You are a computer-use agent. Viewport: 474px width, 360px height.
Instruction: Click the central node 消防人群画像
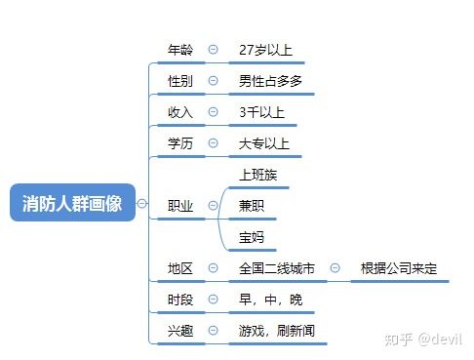[71, 203]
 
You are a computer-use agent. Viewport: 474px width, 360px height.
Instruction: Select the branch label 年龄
[180, 50]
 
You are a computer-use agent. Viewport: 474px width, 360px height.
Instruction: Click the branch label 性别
[180, 81]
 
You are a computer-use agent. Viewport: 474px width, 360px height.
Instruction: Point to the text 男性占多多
[270, 81]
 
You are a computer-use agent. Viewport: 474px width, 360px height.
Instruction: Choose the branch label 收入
[180, 112]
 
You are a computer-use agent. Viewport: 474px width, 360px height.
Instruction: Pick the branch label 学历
[180, 143]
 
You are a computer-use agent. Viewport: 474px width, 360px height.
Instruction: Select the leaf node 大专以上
[264, 143]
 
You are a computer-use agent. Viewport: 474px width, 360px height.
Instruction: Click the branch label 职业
[180, 205]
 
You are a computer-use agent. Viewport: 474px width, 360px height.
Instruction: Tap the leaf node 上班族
[258, 175]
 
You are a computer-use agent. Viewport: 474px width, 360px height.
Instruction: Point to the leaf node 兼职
[252, 206]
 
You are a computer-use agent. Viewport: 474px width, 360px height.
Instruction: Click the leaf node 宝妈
[252, 237]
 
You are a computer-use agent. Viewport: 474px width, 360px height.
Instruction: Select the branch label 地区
[180, 267]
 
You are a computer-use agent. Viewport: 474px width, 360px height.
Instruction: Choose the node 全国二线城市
[277, 267]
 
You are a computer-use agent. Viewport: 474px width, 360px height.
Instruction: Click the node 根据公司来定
[399, 267]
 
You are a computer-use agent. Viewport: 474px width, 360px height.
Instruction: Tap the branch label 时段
[180, 299]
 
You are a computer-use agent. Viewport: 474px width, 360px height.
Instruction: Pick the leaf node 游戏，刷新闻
[277, 330]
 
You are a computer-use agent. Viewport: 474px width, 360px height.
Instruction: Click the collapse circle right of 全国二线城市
[335, 267]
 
